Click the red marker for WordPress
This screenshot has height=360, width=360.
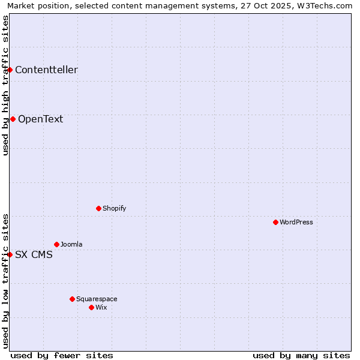coord(275,222)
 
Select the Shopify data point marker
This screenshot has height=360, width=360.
coord(98,208)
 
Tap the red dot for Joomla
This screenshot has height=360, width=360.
coord(56,244)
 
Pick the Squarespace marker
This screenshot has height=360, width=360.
coord(72,299)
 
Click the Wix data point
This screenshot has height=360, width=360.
coord(91,307)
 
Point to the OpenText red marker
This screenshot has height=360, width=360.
coord(13,119)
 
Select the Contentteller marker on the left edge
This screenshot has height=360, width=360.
coord(10,70)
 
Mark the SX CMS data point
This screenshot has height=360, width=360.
coord(10,254)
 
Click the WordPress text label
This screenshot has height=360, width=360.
coord(296,222)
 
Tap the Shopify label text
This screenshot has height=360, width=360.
coord(114,208)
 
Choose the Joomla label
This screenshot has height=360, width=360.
coord(71,244)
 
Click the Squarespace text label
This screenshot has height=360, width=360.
coord(97,299)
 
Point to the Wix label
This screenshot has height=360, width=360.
coord(101,307)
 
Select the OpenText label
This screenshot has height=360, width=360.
coord(40,119)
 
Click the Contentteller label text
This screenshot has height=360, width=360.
coord(46,70)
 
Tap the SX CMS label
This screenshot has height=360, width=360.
coord(34,254)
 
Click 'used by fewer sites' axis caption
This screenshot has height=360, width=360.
coord(62,355)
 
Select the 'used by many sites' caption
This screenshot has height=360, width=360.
coord(301,355)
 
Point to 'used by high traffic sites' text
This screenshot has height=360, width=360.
coord(5,85)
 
